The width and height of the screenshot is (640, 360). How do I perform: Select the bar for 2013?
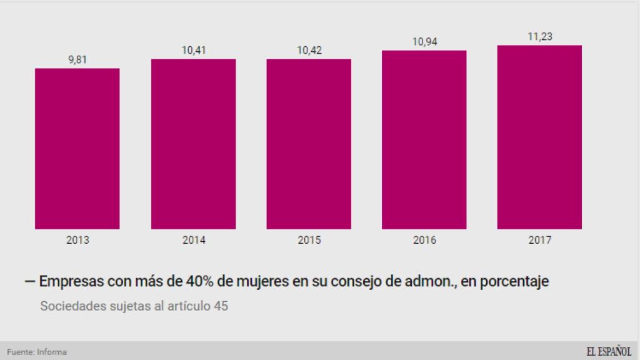[77, 149]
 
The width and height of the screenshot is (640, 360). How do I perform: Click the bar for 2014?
[193, 144]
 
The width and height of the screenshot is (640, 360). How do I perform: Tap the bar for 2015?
[309, 144]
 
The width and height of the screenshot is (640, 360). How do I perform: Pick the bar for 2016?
[424, 139]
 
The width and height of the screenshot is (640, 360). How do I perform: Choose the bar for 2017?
[539, 137]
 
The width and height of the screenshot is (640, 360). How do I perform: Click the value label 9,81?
[77, 60]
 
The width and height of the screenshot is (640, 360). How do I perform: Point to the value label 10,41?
[193, 51]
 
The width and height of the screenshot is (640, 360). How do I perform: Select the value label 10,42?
[309, 51]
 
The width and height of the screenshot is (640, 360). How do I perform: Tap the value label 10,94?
[424, 42]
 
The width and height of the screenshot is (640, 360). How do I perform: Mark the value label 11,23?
[540, 37]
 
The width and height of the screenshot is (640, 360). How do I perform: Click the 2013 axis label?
[77, 240]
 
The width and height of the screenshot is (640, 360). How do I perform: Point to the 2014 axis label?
[193, 240]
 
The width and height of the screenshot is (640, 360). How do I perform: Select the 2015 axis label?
[309, 240]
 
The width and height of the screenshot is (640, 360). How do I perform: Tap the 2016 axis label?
[424, 240]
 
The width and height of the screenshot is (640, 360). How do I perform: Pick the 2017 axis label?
[540, 240]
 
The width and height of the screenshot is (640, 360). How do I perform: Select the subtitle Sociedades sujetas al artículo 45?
[134, 307]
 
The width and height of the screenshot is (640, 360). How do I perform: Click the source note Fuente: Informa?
[37, 352]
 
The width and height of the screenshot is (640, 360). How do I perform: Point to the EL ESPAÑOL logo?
[608, 351]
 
